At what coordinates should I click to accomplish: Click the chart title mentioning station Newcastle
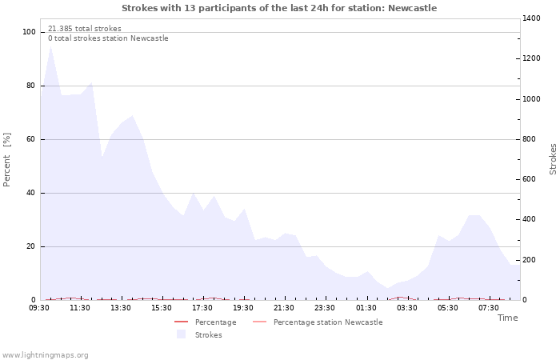point(279,8)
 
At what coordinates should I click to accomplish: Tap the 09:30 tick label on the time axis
point(39,307)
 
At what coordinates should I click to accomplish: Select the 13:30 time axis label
point(121,307)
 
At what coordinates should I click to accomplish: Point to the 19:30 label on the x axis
point(243,307)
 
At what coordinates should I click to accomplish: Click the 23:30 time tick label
point(325,307)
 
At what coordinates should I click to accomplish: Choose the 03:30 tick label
point(407,307)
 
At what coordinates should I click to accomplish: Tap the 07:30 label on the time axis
point(489,307)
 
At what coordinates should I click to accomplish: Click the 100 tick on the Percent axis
point(29,32)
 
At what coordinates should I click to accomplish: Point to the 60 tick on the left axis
point(31,139)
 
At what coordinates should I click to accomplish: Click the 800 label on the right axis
point(530,139)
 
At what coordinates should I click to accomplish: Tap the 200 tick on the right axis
point(530,260)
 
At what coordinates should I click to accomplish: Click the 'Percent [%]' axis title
point(7,160)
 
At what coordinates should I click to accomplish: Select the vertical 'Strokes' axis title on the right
point(553,159)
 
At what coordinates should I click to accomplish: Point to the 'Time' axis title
point(507,318)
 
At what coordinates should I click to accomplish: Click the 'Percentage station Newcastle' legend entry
point(328,322)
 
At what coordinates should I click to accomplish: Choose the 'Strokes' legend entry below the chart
point(208,334)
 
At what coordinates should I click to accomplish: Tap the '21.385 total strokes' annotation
point(85,29)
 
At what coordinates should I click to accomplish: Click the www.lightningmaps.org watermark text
point(45,355)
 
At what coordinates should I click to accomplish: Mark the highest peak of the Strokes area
point(50,45)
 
